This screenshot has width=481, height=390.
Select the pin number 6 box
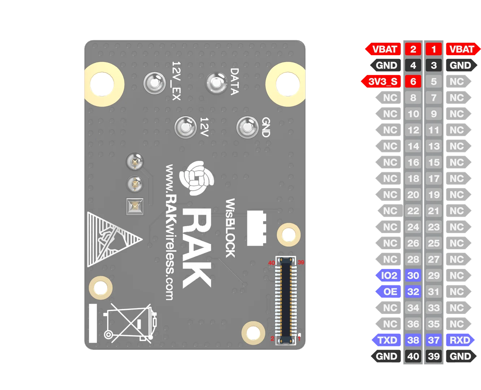click(413, 81)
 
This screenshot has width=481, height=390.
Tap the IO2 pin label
click(388, 275)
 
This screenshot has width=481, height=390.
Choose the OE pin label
click(388, 291)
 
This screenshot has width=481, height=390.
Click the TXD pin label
click(386, 340)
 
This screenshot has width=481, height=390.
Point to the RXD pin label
click(460, 340)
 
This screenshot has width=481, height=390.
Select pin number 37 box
click(434, 340)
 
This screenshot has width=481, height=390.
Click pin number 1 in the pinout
click(434, 49)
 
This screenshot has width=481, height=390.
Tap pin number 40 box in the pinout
click(413, 356)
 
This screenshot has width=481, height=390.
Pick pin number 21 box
click(434, 211)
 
